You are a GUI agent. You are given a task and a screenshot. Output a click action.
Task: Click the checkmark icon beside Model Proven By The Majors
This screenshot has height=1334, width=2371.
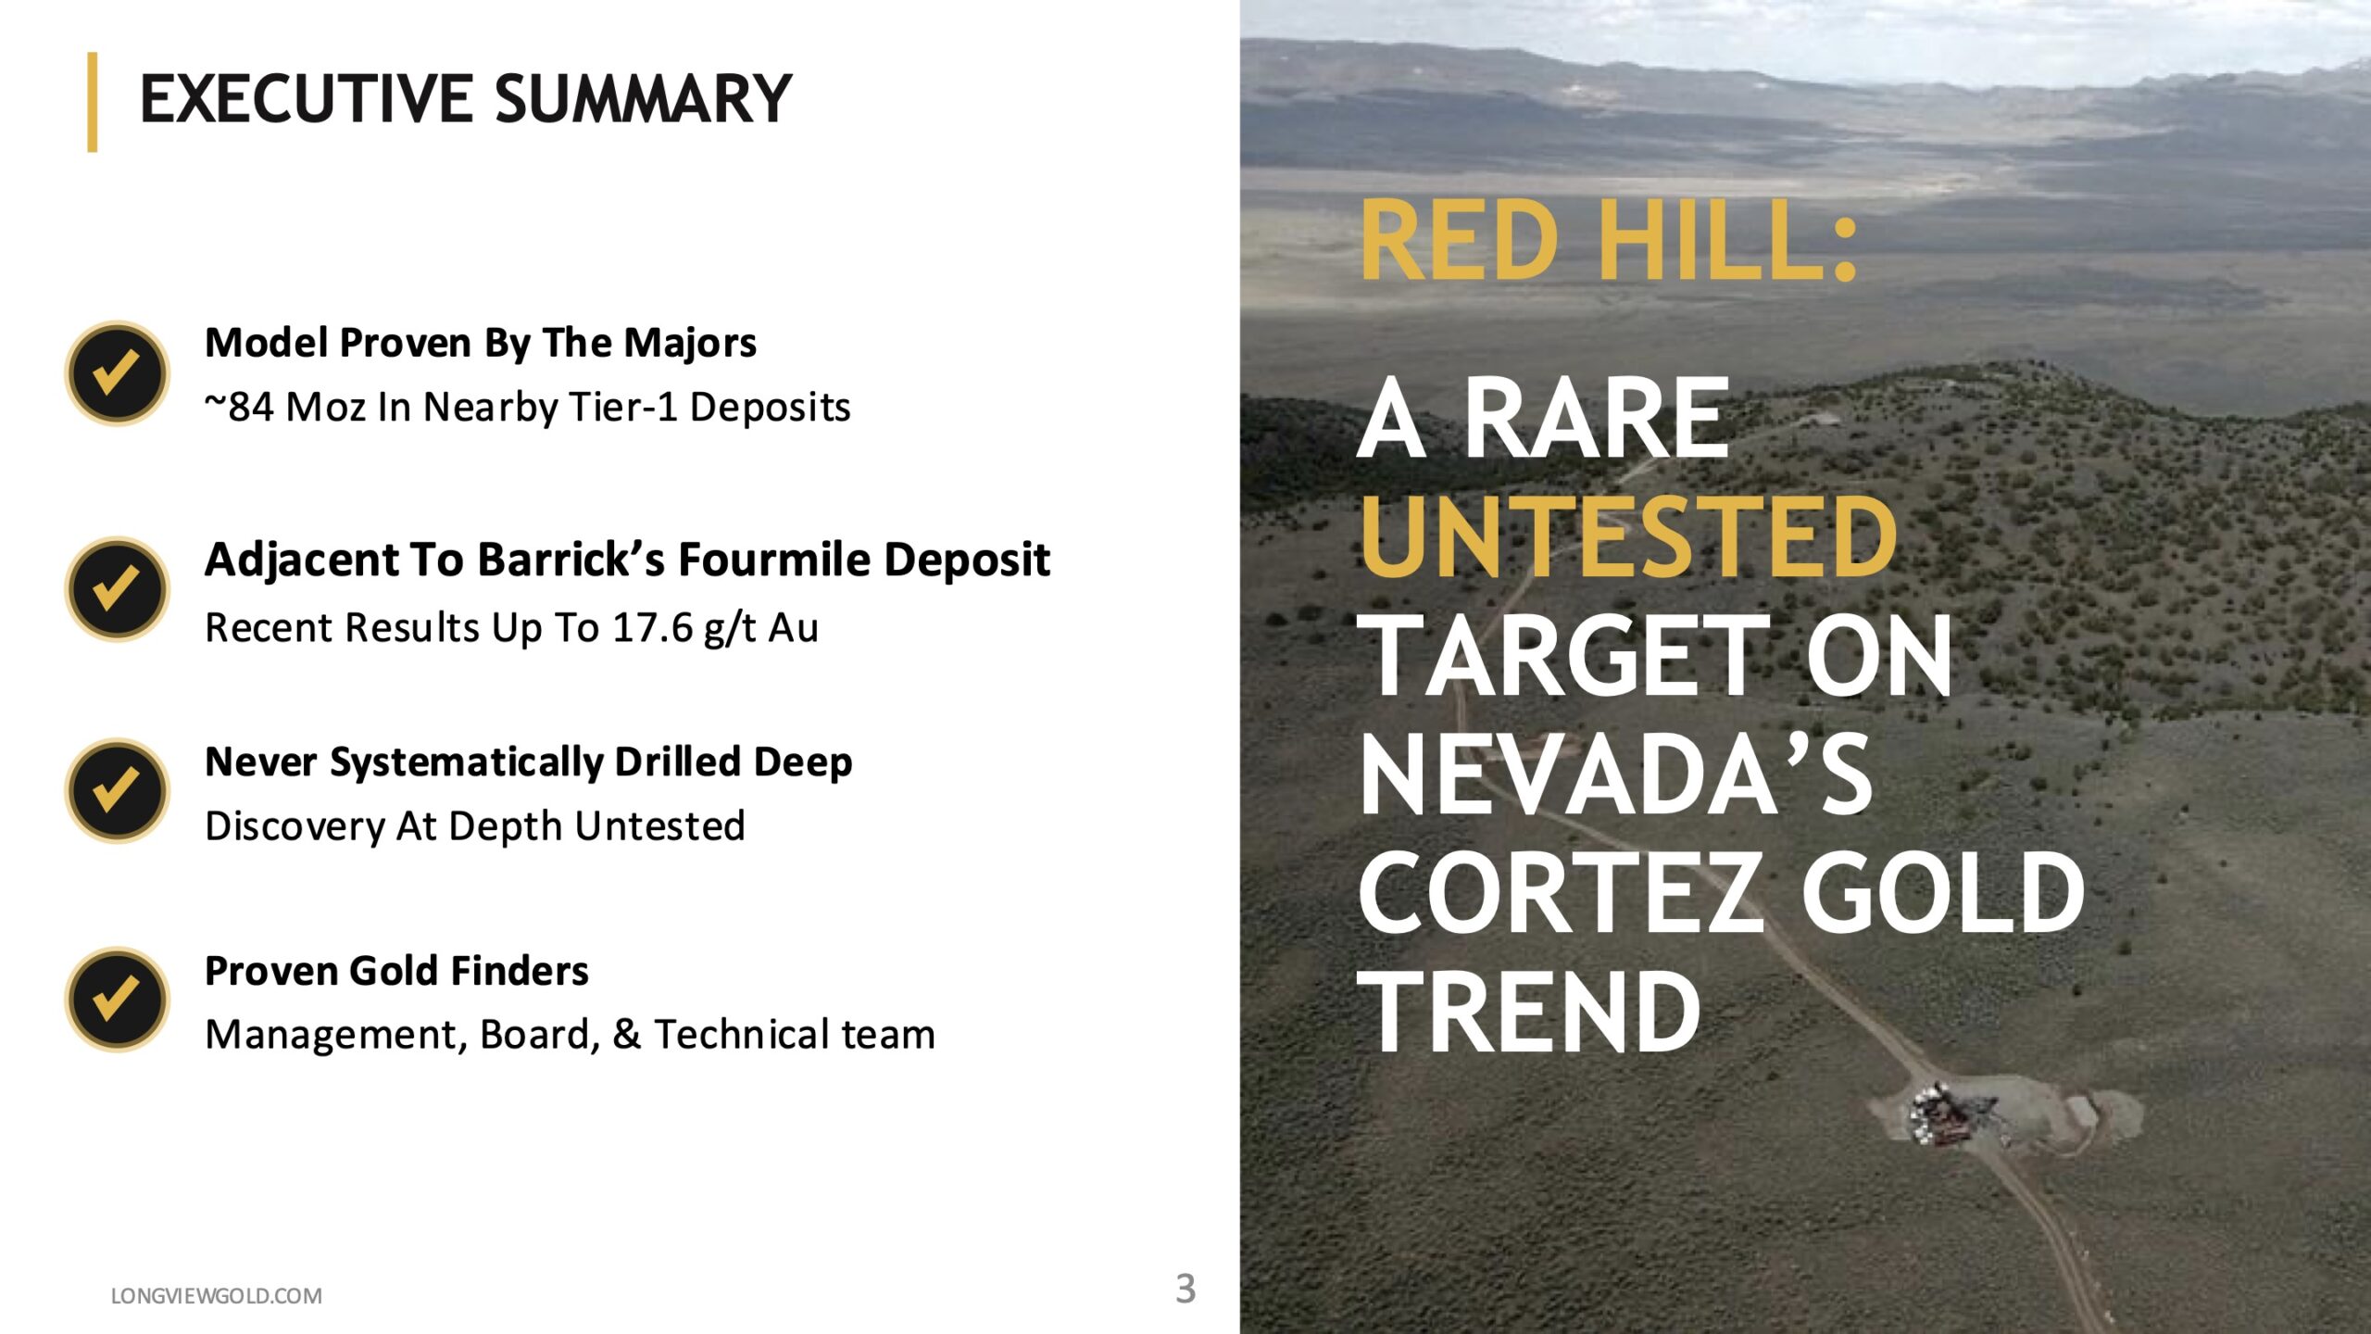tap(118, 373)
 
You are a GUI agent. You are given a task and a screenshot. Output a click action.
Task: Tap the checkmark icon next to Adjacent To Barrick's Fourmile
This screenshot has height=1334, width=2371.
tap(118, 589)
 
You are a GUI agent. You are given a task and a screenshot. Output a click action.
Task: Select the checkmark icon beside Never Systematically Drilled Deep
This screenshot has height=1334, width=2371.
tap(118, 790)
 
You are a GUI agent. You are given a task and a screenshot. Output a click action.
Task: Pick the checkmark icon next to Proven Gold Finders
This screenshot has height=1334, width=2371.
tap(118, 1000)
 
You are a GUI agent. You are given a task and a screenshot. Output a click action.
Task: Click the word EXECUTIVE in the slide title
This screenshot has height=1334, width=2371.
tap(307, 99)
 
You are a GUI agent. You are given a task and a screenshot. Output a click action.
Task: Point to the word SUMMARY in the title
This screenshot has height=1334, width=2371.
tap(644, 99)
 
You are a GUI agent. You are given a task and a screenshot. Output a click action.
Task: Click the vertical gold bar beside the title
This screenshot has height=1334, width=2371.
tap(93, 102)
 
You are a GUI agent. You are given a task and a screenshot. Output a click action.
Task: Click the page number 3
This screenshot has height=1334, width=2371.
tap(1185, 1289)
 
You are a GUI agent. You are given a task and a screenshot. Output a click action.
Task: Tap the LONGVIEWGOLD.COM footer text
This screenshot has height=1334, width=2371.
tap(217, 1296)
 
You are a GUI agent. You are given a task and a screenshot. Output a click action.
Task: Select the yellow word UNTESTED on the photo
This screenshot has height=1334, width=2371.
tap(1628, 536)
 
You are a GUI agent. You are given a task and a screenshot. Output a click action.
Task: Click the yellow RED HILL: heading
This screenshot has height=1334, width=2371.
tap(1610, 241)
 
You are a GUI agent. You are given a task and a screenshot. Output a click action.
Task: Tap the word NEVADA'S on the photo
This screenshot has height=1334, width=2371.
tap(1616, 774)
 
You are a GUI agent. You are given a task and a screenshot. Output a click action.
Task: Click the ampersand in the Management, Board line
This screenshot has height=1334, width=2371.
tap(626, 1035)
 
